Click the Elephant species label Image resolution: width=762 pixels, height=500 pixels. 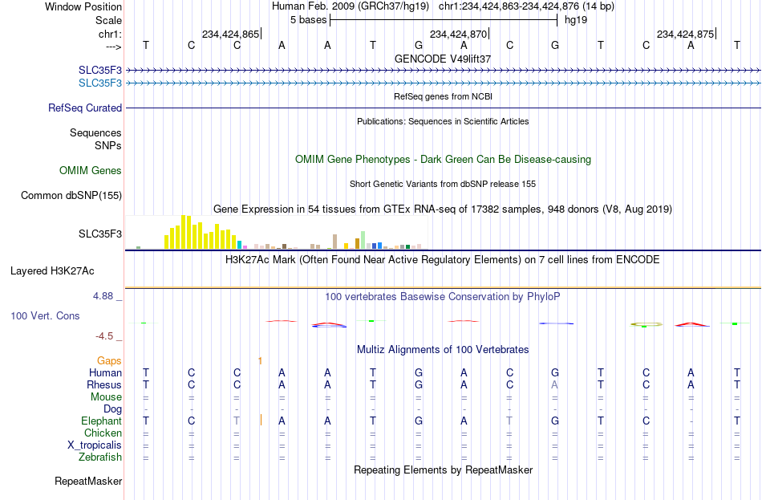101,421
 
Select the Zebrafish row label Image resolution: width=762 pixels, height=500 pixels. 100,457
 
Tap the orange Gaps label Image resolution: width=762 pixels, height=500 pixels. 109,361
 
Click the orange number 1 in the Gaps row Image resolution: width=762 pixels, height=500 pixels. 260,361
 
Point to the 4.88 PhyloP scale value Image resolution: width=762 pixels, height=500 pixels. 103,296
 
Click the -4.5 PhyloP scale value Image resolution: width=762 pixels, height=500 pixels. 104,336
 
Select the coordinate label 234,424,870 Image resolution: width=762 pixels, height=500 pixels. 458,34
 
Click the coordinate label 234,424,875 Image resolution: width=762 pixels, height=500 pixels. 685,34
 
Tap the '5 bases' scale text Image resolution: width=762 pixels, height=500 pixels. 309,20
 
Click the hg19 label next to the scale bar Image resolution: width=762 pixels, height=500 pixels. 576,20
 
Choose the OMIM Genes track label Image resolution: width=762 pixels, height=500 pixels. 91,171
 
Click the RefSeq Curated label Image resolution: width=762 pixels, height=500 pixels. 85,108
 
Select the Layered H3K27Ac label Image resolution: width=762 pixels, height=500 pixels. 52,271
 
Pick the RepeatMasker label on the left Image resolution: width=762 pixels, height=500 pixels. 88,482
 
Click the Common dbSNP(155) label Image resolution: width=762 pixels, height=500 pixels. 71,196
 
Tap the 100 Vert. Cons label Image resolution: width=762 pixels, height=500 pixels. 45,316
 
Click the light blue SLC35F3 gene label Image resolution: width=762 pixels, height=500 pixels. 100,83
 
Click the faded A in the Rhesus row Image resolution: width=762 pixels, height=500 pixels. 554,384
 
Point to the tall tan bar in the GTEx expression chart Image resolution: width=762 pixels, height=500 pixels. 334,242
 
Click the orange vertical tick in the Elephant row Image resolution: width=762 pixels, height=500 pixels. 261,420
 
